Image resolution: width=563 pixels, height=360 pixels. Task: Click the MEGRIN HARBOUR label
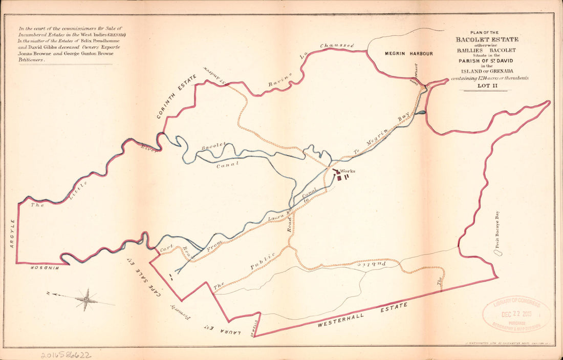[409, 53]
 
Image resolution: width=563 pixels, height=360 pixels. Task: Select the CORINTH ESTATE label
[177, 97]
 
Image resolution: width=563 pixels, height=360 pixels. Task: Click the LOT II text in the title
[487, 86]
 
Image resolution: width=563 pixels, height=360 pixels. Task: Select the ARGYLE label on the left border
[12, 238]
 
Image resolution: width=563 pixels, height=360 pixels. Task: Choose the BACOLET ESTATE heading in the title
[487, 39]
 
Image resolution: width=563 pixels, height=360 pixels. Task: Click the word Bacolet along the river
[214, 147]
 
